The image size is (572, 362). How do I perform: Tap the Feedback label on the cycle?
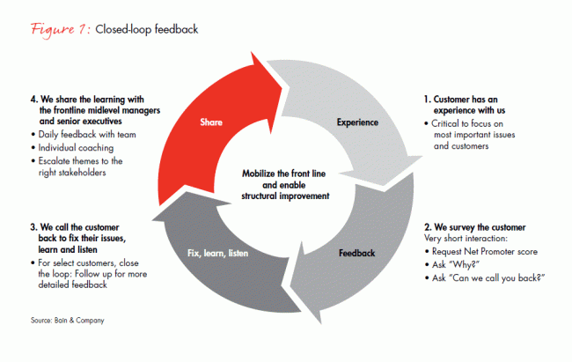357,253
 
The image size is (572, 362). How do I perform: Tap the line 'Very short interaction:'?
461,240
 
